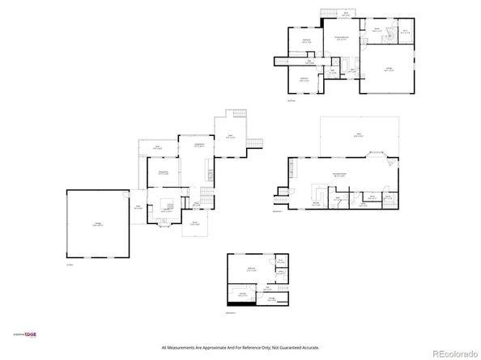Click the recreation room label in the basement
(340, 175)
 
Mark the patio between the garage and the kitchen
(138, 207)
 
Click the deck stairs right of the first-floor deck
(258, 142)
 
